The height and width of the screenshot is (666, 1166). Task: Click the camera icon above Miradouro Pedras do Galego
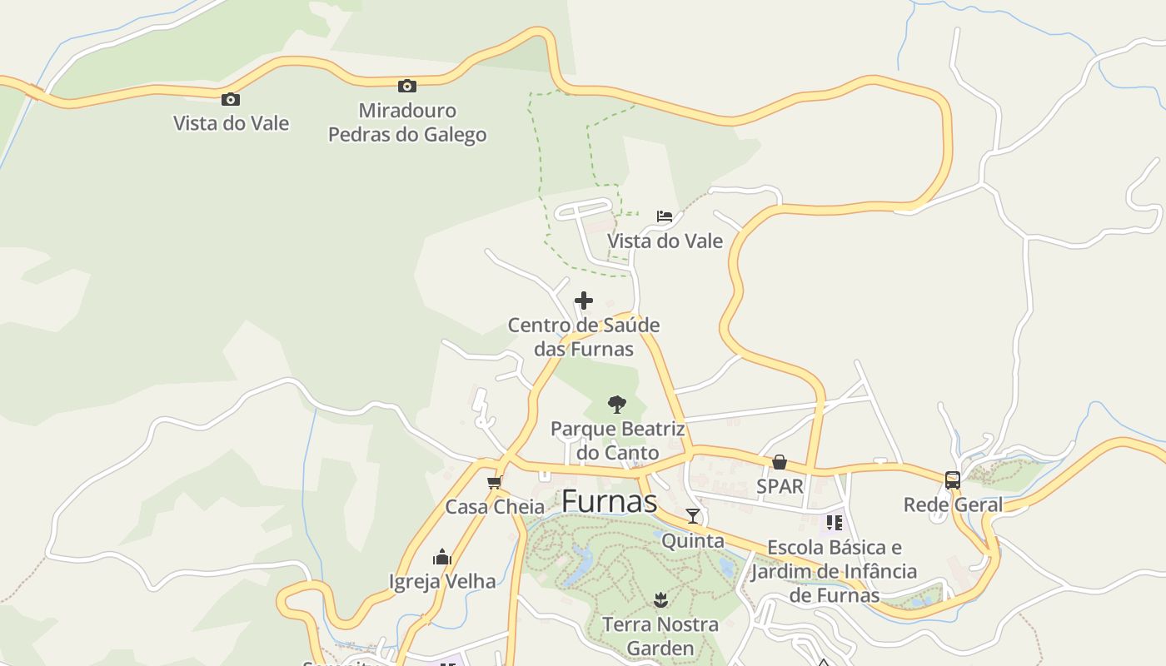pos(406,86)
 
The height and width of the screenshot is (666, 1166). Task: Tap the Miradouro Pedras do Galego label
pos(407,122)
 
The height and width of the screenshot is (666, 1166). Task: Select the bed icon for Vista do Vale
pos(664,216)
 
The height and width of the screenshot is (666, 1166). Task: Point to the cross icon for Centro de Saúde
pos(584,301)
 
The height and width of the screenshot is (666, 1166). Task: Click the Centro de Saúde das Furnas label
pos(584,336)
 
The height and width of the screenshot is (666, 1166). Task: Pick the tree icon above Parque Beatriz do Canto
pos(616,405)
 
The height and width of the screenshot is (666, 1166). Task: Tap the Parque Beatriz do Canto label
pos(617,441)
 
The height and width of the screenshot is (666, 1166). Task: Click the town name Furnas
pos(609,501)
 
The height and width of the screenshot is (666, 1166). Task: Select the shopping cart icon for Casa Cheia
pos(495,482)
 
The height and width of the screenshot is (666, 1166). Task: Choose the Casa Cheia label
pos(495,507)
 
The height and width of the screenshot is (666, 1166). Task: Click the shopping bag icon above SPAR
pos(780,462)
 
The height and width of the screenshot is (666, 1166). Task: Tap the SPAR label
pos(780,486)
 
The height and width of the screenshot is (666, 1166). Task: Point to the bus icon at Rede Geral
pos(953,480)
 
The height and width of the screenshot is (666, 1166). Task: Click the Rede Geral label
pos(953,504)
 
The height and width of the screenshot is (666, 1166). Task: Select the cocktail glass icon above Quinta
pos(693,516)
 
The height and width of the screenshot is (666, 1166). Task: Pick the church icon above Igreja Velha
pos(442,557)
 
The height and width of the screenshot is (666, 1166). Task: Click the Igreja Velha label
pos(442,581)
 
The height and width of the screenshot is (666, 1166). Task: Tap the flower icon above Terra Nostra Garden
pos(660,599)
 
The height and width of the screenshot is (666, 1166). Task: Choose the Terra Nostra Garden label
pos(660,636)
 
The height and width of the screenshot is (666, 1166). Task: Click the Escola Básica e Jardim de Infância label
pos(834,571)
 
